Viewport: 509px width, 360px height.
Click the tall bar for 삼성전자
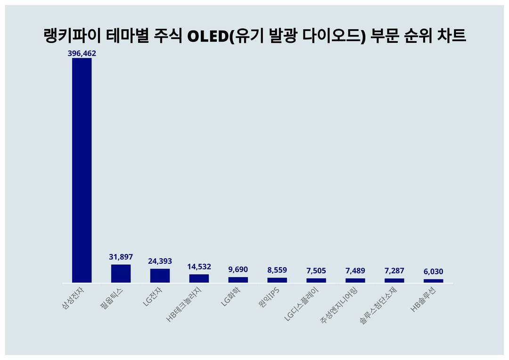82,170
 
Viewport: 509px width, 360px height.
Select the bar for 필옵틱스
121,274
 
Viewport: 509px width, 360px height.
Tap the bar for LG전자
160,276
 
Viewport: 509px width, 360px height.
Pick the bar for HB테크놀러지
199,278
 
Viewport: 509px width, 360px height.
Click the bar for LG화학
238,280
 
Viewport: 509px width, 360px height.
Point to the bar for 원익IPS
277,280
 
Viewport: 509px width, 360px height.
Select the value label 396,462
82,54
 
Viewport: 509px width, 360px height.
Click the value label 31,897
121,257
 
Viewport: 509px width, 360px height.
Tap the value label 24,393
160,261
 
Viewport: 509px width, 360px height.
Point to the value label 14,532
199,267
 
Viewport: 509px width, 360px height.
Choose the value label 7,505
316,270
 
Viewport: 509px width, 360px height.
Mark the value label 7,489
355,270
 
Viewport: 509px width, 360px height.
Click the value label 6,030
434,272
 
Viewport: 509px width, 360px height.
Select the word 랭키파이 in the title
66,36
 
